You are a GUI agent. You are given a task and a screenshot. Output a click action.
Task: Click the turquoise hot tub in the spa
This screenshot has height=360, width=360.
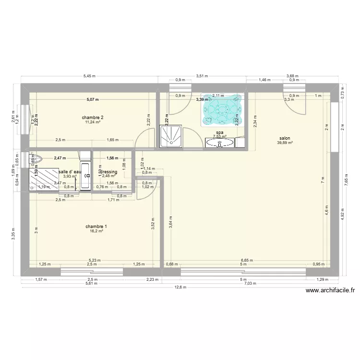click(221, 109)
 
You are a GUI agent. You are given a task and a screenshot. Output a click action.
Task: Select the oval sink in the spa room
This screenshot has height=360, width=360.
click(220, 142)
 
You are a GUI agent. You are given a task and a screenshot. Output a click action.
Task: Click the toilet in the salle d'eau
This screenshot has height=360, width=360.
click(37, 158)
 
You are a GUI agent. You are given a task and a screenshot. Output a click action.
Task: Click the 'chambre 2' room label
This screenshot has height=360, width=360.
click(93, 118)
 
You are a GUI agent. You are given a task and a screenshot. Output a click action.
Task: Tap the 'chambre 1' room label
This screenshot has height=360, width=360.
click(96, 227)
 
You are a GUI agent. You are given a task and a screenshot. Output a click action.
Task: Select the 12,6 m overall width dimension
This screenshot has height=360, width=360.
click(179, 288)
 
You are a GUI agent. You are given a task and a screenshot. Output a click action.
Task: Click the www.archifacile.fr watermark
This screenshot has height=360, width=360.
click(329, 290)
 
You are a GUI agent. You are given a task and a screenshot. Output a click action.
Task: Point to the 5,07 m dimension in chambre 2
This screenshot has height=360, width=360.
click(92, 100)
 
